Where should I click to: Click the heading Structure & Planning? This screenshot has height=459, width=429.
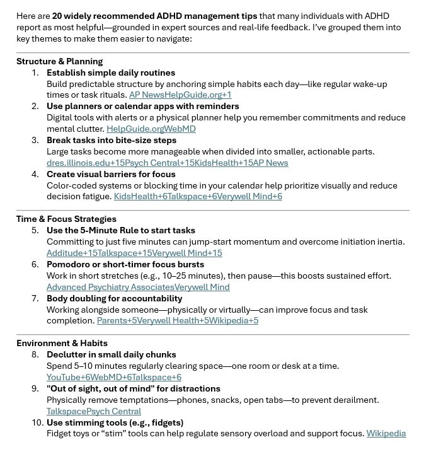pos(59,62)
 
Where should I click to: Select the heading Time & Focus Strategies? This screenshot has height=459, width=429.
pos(67,219)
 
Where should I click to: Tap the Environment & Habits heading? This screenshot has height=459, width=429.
pos(62,343)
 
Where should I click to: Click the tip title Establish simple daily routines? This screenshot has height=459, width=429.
pos(111,73)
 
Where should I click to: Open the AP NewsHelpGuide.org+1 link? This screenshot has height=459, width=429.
pos(180,95)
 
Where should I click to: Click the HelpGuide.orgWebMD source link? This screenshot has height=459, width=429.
pos(151,129)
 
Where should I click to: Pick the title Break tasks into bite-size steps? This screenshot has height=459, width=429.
pos(112,140)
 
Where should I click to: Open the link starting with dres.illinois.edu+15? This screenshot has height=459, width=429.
pos(167,163)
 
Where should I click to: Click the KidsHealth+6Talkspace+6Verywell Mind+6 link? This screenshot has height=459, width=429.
pos(198,197)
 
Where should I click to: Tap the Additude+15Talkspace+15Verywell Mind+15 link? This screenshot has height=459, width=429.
pos(134,253)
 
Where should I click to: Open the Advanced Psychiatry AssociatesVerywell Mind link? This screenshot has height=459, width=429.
pos(138,287)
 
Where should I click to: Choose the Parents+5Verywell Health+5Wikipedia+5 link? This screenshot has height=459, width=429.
pos(177,320)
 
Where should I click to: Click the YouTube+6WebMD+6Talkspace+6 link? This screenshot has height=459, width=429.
pos(114,377)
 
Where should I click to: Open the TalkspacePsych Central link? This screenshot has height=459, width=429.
pos(94,411)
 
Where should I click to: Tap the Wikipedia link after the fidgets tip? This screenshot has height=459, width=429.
pos(386,433)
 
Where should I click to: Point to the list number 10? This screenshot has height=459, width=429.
pos(35,422)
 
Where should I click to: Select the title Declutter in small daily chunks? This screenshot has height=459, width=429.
pos(112,354)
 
